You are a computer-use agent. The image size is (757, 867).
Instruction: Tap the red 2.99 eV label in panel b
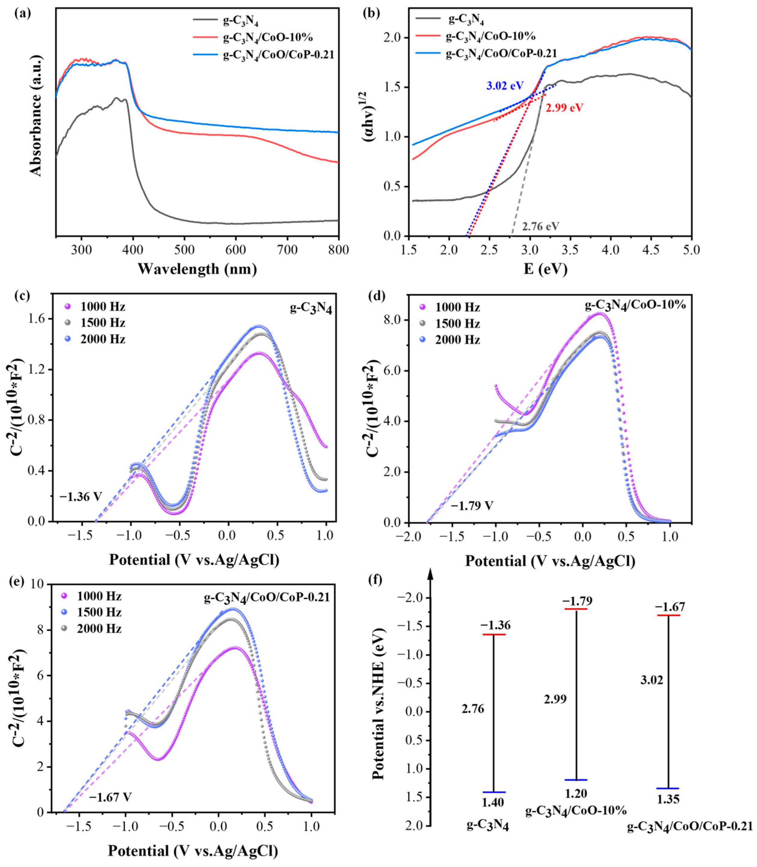click(x=564, y=108)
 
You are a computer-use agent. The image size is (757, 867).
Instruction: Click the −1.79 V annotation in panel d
click(x=472, y=505)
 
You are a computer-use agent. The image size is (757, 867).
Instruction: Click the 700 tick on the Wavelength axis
click(x=287, y=250)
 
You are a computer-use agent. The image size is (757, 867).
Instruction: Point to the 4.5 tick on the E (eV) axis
click(x=650, y=250)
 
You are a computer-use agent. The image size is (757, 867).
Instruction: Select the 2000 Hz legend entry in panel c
click(x=103, y=339)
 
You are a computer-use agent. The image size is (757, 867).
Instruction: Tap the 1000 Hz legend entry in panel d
click(x=458, y=307)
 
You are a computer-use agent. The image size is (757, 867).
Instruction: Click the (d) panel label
click(x=377, y=296)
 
